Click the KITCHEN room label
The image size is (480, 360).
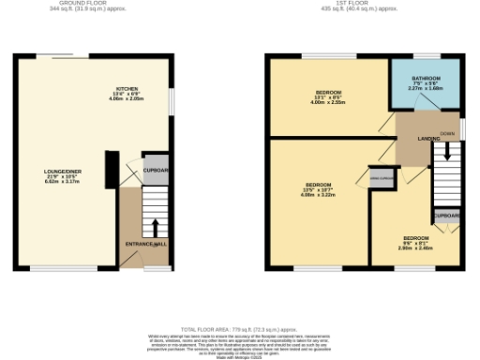pyautogui.click(x=127, y=90)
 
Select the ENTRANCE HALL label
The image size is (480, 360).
pyautogui.click(x=145, y=245)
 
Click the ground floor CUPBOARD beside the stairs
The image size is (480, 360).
pyautogui.click(x=156, y=171)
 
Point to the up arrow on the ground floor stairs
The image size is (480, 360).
pyautogui.click(x=154, y=227)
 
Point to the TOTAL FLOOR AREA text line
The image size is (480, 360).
pyautogui.click(x=240, y=330)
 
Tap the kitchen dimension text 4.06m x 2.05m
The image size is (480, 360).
pyautogui.click(x=127, y=98)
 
